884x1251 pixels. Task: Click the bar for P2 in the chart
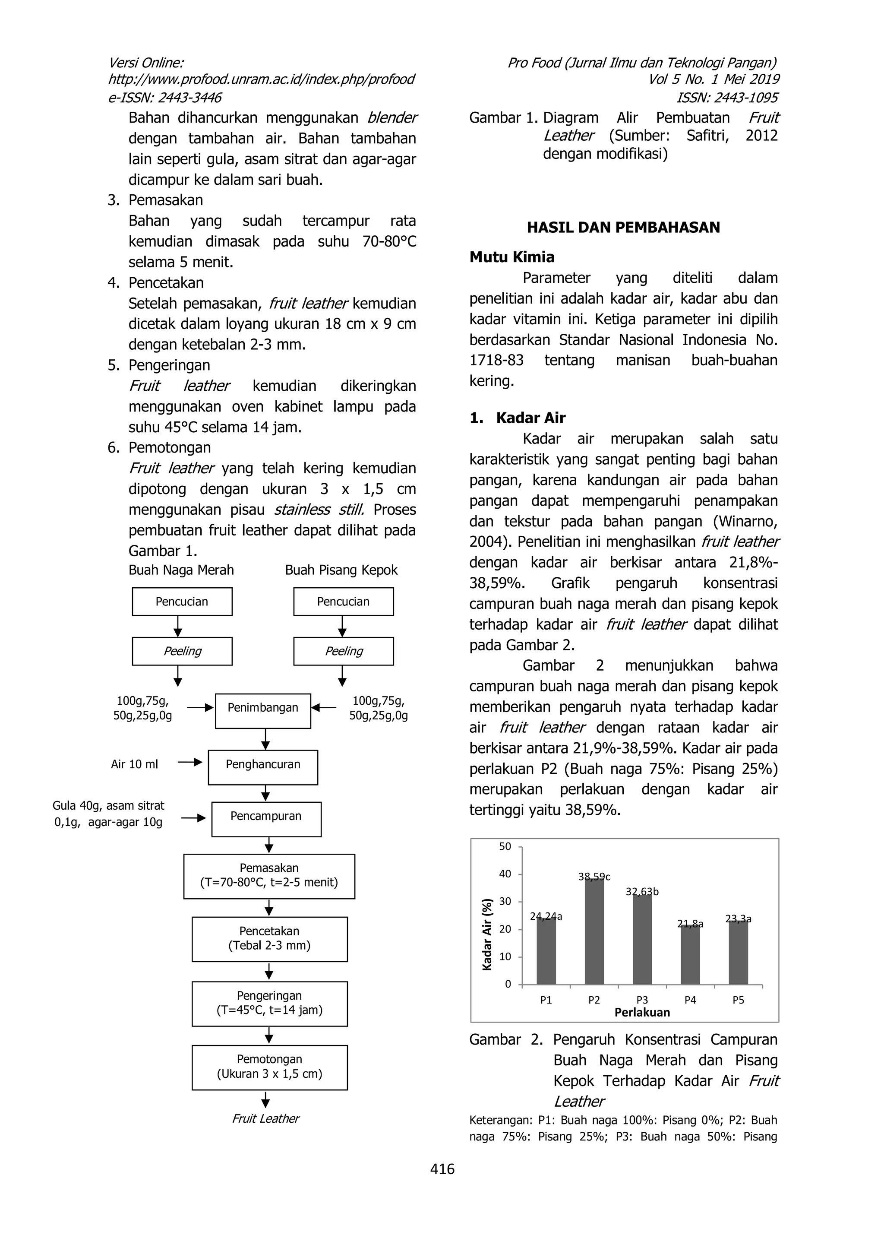[x=594, y=932]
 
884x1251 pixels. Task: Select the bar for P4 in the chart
[x=690, y=955]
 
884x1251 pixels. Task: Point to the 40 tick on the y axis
[x=505, y=874]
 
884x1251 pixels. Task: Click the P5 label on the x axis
[x=738, y=1000]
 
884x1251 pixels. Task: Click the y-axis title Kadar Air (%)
[x=487, y=934]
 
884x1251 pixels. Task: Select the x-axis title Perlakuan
[x=642, y=1012]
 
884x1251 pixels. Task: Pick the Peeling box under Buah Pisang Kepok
[x=343, y=651]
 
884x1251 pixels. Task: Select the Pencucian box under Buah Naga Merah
[x=182, y=602]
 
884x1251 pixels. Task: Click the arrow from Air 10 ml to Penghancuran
[x=189, y=762]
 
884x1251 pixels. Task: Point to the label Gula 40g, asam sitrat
[x=108, y=806]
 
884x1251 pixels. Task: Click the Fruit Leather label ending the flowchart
[x=266, y=1118]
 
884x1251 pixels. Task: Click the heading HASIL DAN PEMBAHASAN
[x=623, y=228]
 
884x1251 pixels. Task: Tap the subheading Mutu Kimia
[x=512, y=257]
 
